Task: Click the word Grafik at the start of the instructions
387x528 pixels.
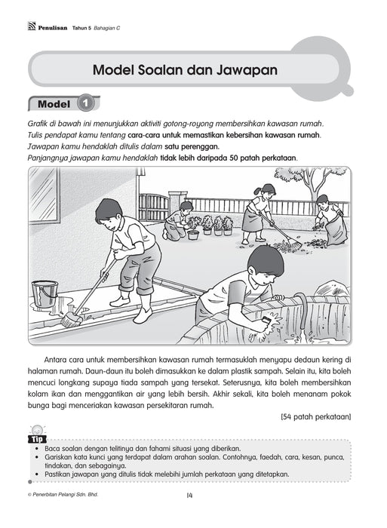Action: pyautogui.click(x=37, y=123)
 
